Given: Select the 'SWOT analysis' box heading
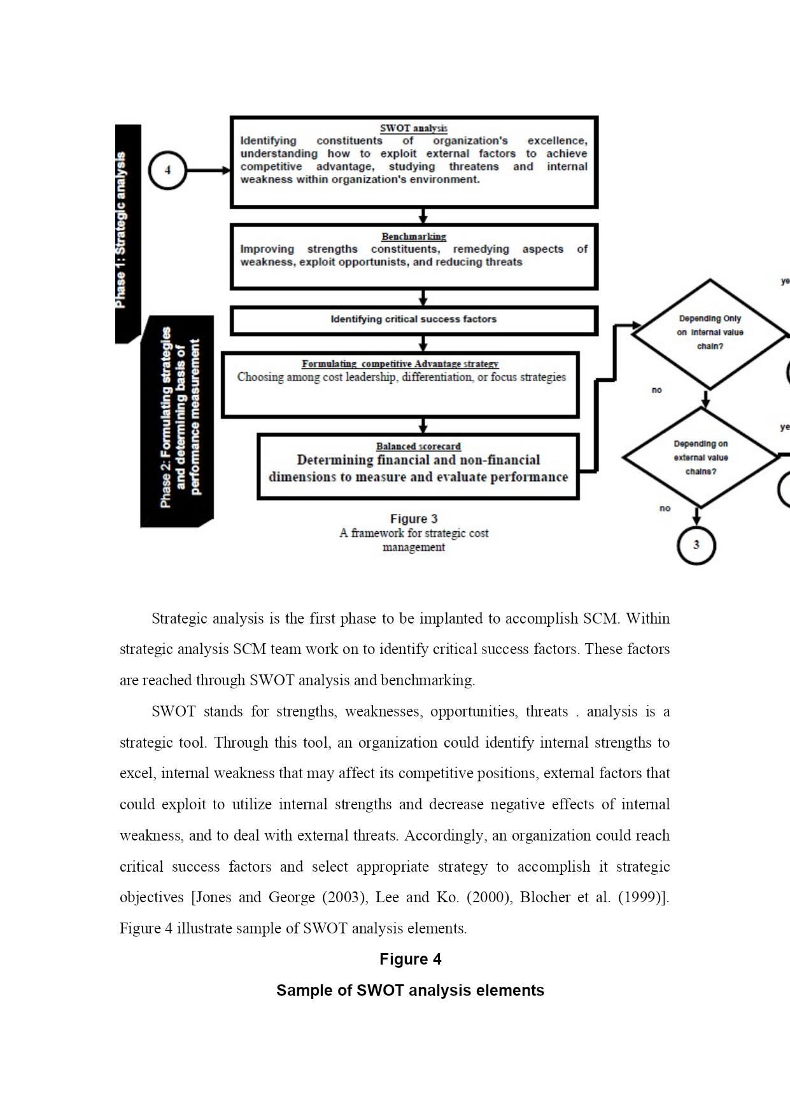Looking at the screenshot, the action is pyautogui.click(x=414, y=129).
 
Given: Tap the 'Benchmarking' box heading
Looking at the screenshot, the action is pyautogui.click(x=414, y=237).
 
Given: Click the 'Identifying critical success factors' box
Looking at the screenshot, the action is pyautogui.click(x=414, y=320).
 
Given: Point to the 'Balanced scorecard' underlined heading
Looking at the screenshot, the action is pyautogui.click(x=418, y=447).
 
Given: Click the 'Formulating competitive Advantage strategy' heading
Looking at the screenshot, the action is pyautogui.click(x=400, y=364).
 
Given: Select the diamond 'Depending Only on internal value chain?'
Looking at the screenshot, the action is pyautogui.click(x=710, y=333).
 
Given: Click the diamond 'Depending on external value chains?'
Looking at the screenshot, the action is pyautogui.click(x=701, y=457).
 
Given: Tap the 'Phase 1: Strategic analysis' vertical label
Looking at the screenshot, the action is pyautogui.click(x=121, y=230).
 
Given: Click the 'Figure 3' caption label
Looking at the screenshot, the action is pyautogui.click(x=414, y=519).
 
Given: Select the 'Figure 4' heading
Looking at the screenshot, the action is pyautogui.click(x=411, y=959).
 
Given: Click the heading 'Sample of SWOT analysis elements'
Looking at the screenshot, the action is pyautogui.click(x=411, y=991).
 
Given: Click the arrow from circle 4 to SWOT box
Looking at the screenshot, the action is pyautogui.click(x=208, y=171).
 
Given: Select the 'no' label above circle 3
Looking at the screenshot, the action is pyautogui.click(x=665, y=508).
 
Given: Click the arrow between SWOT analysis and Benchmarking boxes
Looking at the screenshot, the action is pyautogui.click(x=423, y=216).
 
